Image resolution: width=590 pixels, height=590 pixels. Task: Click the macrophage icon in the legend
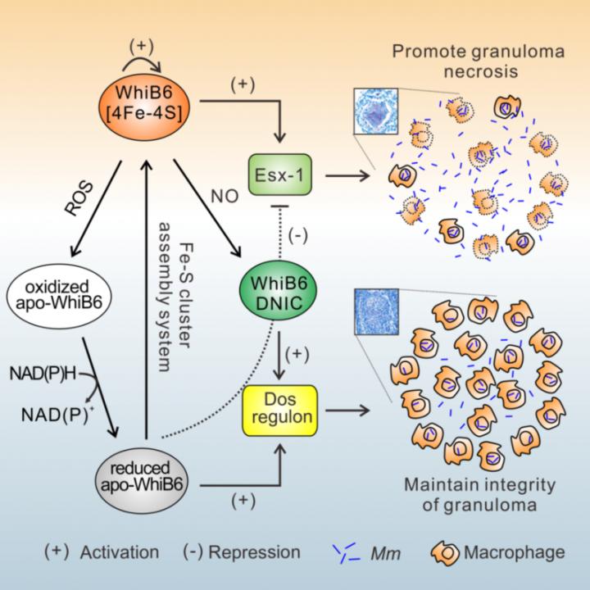pyautogui.click(x=448, y=551)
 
